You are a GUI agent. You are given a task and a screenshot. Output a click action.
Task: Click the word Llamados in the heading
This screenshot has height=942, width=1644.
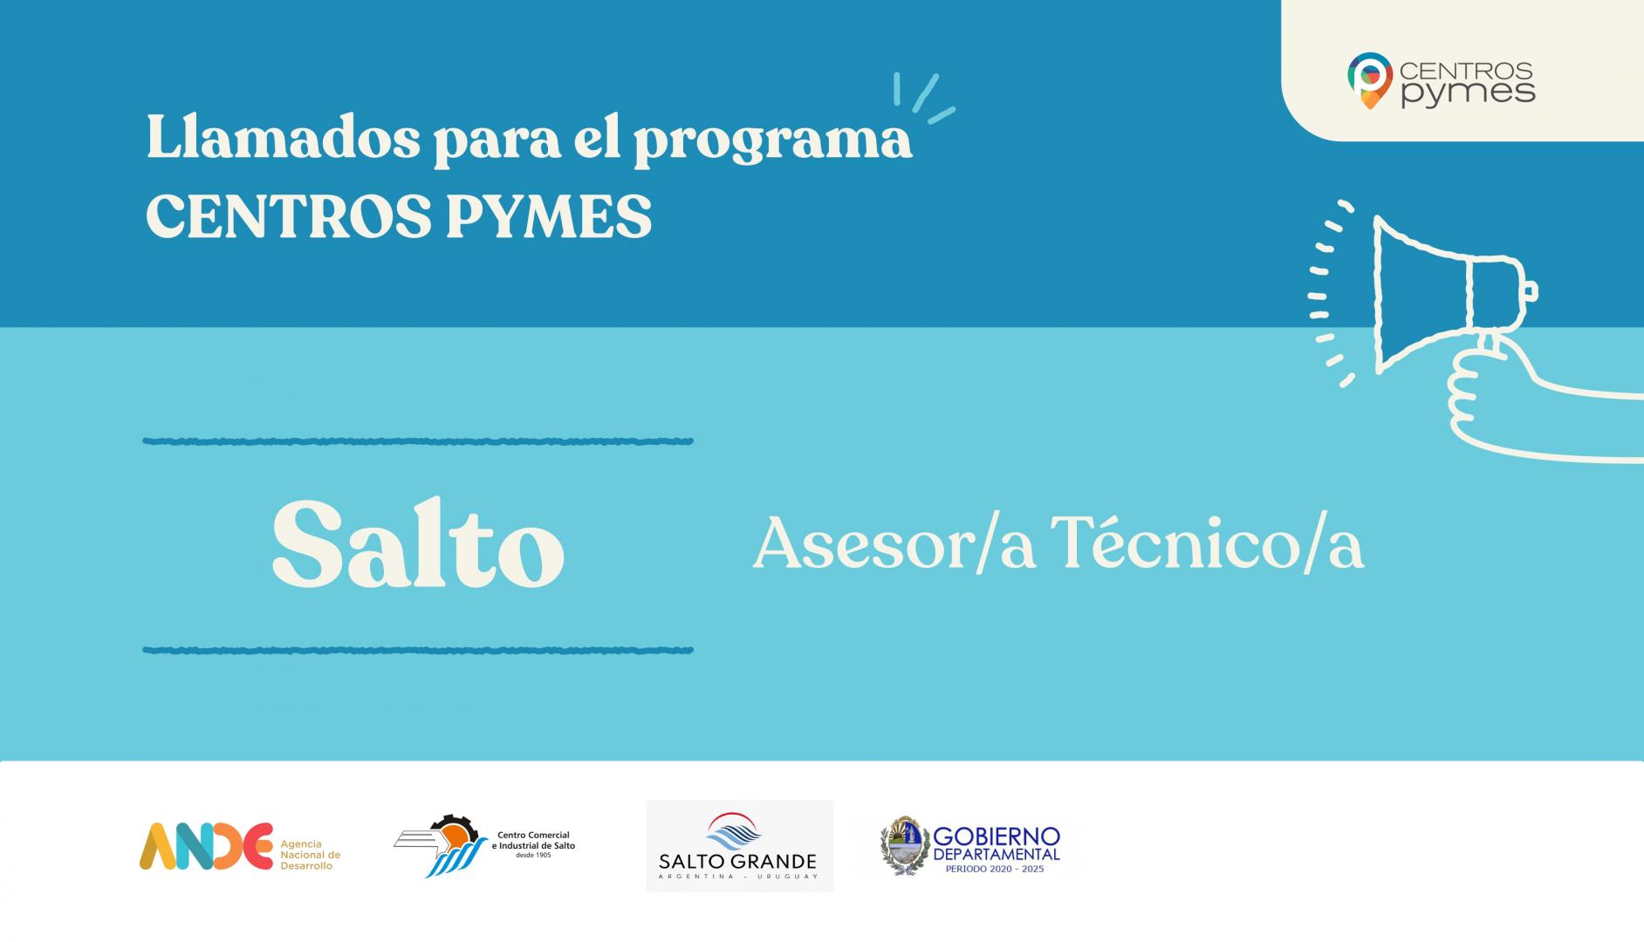coord(283,137)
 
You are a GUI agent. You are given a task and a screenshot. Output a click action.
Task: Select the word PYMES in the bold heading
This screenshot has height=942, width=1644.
coord(549,215)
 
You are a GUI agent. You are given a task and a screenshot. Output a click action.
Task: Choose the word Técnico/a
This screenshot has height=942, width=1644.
coord(1207,543)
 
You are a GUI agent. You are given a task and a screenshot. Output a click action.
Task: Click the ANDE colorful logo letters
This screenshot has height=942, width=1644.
coord(206,846)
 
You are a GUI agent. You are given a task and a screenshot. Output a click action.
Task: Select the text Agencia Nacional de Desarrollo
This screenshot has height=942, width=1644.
coord(310,855)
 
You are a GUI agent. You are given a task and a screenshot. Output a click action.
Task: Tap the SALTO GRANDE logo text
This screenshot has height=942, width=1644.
coord(738,862)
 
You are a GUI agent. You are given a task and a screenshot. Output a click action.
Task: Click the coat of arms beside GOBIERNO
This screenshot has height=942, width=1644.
coord(904,845)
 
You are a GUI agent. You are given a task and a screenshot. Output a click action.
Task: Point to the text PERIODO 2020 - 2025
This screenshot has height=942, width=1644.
coord(995,869)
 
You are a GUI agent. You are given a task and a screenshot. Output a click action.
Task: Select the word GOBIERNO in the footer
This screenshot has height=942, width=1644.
coord(997,836)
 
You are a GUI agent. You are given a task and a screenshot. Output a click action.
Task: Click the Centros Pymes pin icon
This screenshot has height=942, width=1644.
coord(1369,81)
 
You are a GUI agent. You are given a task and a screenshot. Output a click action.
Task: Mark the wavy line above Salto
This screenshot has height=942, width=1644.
coord(418,441)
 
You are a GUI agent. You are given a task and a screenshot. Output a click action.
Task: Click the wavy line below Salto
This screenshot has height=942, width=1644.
coord(418,650)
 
